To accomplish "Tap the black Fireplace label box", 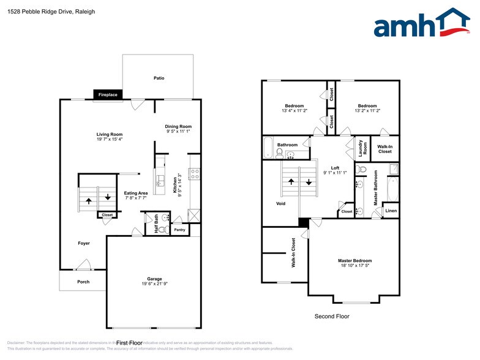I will [108, 95].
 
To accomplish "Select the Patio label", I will [159, 78].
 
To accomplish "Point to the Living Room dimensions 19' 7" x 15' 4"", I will [109, 140].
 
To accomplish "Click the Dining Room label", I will [178, 126].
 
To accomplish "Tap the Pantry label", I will [179, 230].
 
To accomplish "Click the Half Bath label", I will [156, 224].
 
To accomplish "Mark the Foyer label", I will [83, 243].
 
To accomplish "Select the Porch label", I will [83, 282].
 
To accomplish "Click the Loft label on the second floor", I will [335, 168].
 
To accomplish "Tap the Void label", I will [280, 204].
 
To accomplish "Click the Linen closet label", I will [391, 211].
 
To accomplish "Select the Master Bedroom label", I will [354, 261].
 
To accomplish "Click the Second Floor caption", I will [332, 317].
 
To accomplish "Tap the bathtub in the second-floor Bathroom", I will [268, 148].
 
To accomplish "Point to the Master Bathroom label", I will [375, 189].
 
